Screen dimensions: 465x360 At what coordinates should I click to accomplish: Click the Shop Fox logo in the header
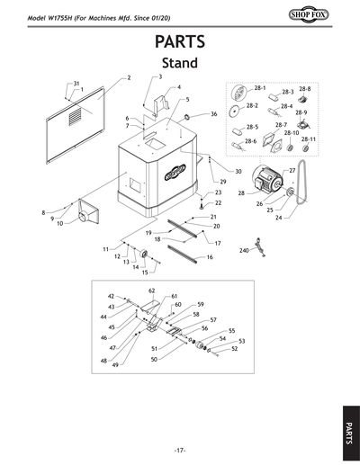(332, 14)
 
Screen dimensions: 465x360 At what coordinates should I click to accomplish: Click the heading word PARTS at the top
(179, 42)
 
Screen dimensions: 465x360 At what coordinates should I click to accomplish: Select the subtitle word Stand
(179, 64)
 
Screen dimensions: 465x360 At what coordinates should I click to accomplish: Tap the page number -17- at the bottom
(180, 450)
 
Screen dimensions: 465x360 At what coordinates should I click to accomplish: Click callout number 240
(243, 251)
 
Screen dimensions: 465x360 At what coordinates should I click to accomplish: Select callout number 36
(213, 114)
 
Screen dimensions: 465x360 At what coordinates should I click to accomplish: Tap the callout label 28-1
(260, 88)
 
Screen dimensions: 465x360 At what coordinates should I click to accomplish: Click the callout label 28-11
(308, 139)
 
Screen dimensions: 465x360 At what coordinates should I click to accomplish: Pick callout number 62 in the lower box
(151, 291)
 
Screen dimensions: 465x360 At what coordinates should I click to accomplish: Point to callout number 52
(234, 348)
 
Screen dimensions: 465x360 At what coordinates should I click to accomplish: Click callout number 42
(111, 296)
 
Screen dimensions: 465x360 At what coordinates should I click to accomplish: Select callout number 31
(76, 83)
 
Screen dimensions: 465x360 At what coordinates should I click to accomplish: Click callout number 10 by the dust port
(59, 223)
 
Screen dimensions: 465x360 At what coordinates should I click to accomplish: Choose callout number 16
(209, 257)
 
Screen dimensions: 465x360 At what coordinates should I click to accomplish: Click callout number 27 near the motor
(292, 170)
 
